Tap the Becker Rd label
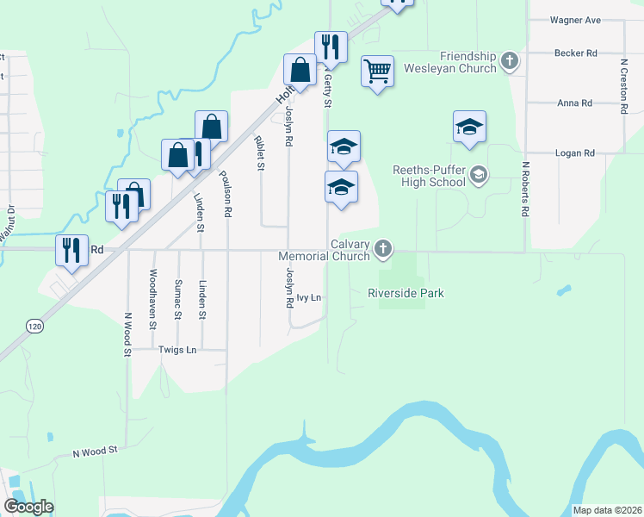pos(576,53)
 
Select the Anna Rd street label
pos(574,103)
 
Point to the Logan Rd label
pos(577,153)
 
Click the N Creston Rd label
pos(623,86)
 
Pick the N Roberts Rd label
pos(523,189)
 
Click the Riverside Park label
pos(406,294)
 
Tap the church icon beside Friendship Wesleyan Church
pos(511,60)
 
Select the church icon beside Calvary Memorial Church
pos(383,250)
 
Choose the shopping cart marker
pos(377,71)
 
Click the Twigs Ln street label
pos(178,350)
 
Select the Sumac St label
pos(177,299)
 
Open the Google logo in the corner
pos(28,507)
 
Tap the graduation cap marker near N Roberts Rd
pos(470,127)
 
